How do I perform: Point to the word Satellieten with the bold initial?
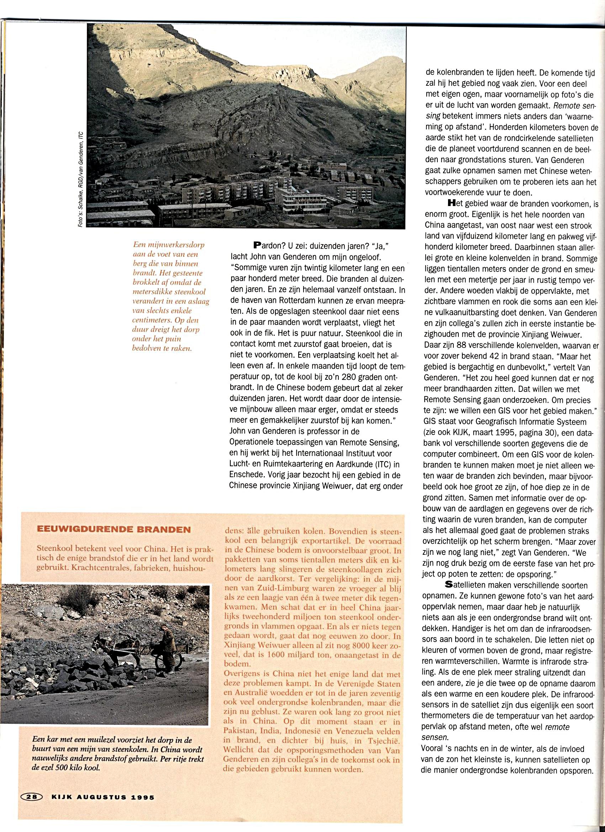click(464, 585)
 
